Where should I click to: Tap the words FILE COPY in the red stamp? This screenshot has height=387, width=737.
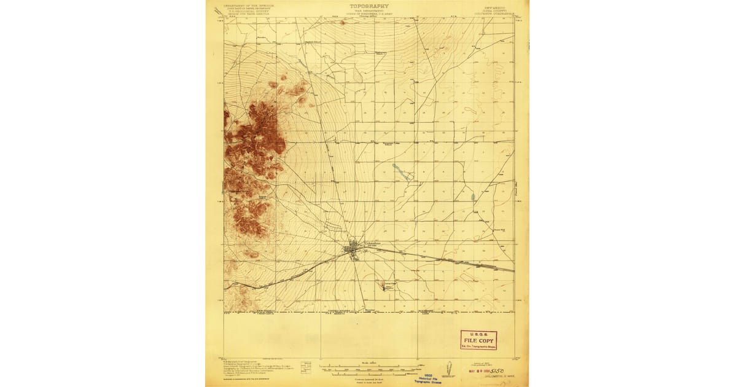click(478, 340)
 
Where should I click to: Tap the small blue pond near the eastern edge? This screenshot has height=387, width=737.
click(473, 197)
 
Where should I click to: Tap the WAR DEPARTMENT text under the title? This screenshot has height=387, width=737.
click(368, 10)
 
